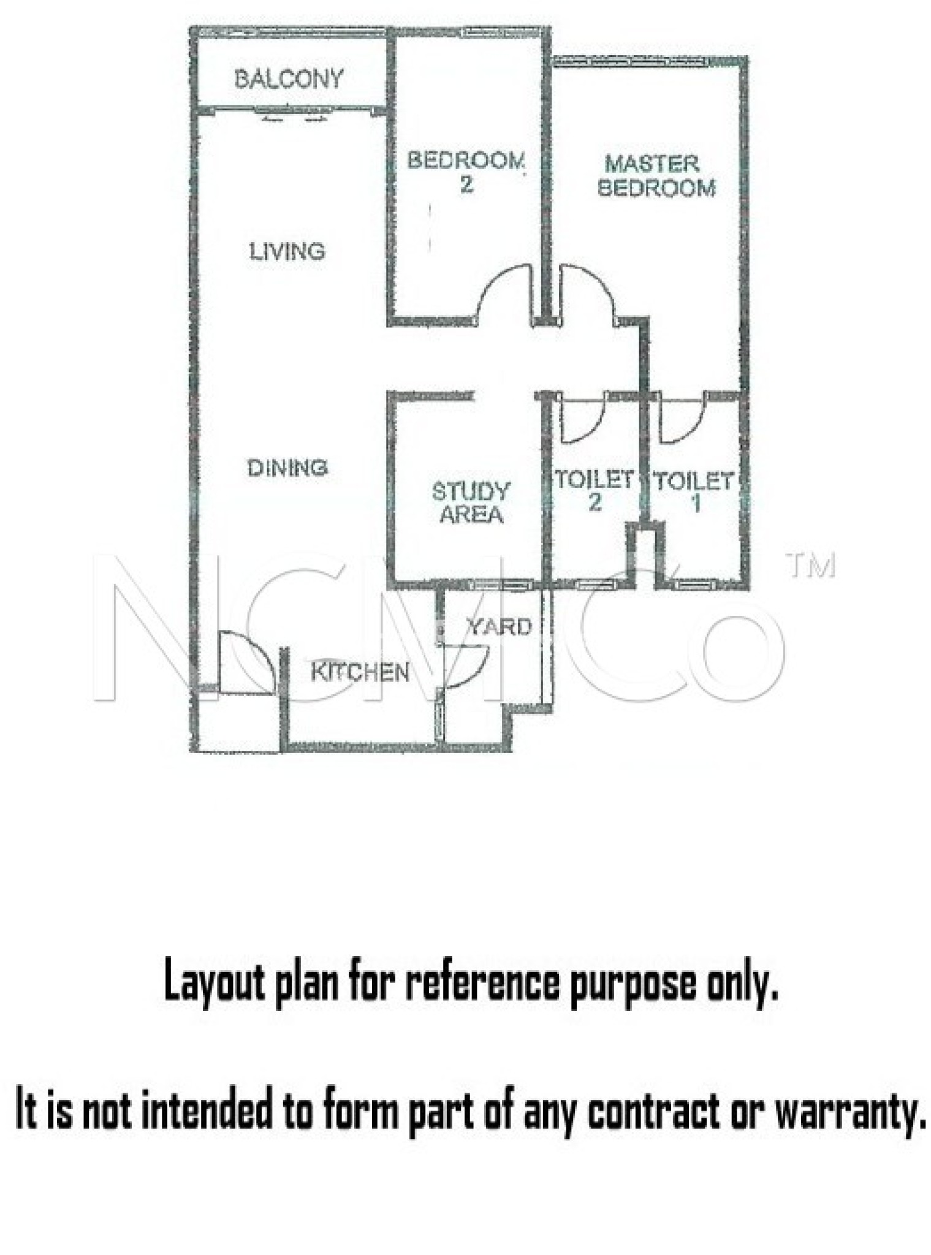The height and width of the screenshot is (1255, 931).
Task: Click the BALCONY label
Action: point(289,79)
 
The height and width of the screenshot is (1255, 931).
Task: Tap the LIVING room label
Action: point(287,251)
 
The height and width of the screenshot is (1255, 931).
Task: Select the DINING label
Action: point(287,468)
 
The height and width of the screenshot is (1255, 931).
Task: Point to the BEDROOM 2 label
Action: point(466,172)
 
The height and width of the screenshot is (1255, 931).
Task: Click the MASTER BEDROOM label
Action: point(656,176)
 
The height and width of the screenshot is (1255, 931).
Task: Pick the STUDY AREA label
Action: point(471,502)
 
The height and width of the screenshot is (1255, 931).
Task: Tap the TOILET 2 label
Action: point(594,490)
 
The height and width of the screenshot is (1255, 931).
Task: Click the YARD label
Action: point(498,627)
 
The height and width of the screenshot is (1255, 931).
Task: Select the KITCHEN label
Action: point(360,672)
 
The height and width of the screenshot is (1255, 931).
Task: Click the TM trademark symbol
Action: point(810,566)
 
